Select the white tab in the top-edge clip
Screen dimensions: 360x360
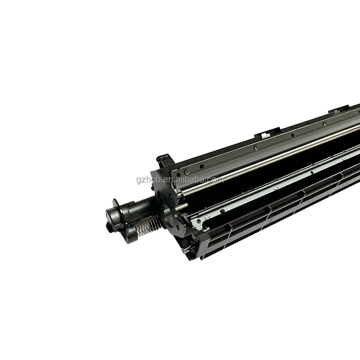point(265,134)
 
